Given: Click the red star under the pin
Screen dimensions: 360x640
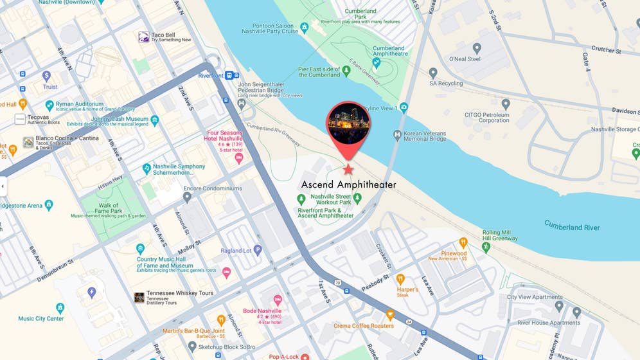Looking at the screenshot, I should pos(348,170).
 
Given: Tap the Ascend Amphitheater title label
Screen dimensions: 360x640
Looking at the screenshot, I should pos(349,185).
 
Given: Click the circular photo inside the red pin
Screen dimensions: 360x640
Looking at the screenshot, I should pos(348,123).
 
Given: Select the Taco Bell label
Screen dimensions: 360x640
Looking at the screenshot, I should pos(163,35).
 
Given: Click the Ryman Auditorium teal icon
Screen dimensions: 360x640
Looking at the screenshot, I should pos(49,105).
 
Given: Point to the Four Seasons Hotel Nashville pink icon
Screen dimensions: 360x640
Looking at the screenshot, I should pos(239,157).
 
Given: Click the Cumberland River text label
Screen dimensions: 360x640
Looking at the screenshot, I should pos(572,226).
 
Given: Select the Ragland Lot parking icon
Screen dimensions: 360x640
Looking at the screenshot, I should pos(258,250).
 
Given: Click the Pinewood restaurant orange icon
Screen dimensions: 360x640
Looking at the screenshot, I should pos(463,243).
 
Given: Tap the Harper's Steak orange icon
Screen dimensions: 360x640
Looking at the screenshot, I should pos(400,279).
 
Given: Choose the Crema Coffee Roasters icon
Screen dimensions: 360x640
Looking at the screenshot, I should pos(390,315).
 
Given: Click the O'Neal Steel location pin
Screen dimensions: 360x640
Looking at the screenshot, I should pos(477,48).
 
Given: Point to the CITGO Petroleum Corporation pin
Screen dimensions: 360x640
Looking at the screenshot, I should pos(506,104).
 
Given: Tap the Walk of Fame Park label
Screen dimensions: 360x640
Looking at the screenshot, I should pos(109,208).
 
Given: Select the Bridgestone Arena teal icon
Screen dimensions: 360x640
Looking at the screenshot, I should pos(49,206).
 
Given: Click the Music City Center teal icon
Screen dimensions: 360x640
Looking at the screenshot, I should pos(60,308).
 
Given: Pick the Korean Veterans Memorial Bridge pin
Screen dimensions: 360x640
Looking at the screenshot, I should pos(397,135).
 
